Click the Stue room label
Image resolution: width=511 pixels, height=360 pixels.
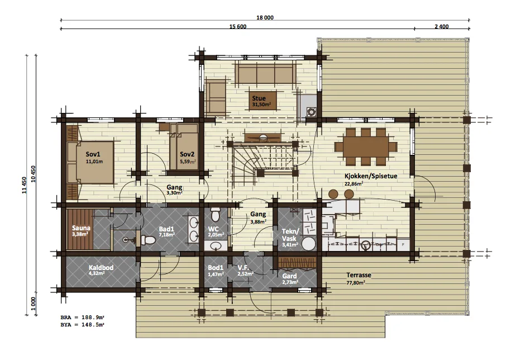pos(259,98)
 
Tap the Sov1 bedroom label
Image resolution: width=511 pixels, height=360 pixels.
pos(93,154)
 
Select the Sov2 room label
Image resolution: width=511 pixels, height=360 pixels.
pos(187,154)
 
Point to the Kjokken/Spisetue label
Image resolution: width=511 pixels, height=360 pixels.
pos(371,176)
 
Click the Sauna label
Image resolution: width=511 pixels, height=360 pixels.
pos(81,228)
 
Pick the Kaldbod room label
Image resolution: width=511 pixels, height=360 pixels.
pos(101,268)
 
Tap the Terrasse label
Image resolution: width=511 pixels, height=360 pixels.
pos(359,275)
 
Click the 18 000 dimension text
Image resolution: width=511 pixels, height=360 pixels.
pos(265,18)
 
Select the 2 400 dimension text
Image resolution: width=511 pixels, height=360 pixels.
pos(442,26)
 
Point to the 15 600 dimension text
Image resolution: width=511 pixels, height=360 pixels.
pos(238,26)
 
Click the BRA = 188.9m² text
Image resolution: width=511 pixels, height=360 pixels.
pos(83,318)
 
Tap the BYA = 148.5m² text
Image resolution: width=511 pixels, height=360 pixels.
pos(83,325)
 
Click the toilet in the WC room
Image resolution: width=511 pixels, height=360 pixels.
pos(216,214)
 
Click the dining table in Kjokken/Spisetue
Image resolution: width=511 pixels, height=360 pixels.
pos(366,146)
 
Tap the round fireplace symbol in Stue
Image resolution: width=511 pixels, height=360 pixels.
pos(311,112)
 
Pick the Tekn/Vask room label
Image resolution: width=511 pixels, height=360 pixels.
pos(289,235)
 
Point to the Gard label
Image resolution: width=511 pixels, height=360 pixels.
pos(289,276)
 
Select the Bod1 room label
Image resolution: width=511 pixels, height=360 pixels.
pos(216,268)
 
